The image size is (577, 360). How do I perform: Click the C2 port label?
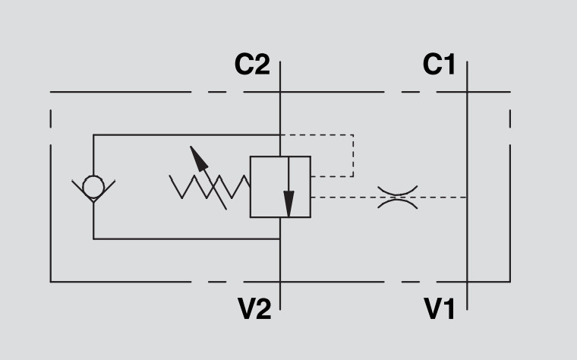click(x=252, y=65)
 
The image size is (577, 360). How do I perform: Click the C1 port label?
click(x=439, y=65)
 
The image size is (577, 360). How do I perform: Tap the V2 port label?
click(x=254, y=308)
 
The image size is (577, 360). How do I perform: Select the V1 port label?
click(x=440, y=308)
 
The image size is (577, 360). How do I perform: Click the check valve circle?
click(x=93, y=186)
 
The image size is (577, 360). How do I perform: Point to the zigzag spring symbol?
click(x=210, y=186)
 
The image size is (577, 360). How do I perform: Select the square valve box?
click(x=280, y=187)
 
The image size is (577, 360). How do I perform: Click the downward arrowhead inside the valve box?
click(x=288, y=205)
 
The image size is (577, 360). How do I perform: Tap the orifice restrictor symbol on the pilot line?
click(x=398, y=197)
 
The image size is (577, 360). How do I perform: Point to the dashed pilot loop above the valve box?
click(x=352, y=155)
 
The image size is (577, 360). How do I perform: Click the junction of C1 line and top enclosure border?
click(x=467, y=92)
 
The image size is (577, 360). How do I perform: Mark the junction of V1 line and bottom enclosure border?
click(x=467, y=282)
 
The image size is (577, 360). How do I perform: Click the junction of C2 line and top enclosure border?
click(x=280, y=92)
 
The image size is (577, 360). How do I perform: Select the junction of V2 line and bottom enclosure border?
click(x=280, y=282)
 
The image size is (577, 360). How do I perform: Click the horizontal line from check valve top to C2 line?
click(x=186, y=135)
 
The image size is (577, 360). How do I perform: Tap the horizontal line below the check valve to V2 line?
click(x=186, y=238)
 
